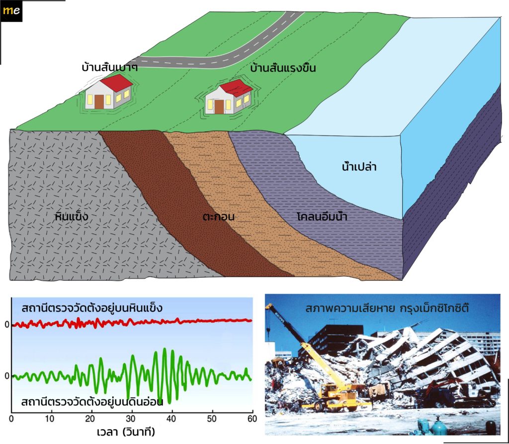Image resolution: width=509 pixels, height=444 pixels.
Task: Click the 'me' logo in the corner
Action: (11, 11)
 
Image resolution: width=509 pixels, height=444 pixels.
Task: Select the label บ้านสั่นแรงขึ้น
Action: (283, 68)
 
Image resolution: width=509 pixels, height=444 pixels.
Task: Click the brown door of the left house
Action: (99, 101)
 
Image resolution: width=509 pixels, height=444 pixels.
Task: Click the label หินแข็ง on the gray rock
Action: (72, 216)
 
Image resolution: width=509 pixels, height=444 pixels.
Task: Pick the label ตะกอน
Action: (219, 216)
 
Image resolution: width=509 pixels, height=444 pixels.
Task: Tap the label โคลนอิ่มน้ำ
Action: (322, 216)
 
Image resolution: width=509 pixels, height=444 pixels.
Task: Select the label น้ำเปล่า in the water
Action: (359, 167)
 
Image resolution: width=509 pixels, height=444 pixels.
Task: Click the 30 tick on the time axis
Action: (131, 418)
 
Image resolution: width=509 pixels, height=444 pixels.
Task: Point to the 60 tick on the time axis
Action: (252, 418)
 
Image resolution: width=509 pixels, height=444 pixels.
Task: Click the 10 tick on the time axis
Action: (50, 418)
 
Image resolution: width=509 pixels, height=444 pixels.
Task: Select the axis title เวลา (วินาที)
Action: (126, 432)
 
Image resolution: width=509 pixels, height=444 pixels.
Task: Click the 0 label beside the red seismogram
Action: (7, 324)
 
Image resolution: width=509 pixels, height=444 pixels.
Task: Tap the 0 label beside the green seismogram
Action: (7, 376)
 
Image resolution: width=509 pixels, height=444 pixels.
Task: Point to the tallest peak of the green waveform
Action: (165, 349)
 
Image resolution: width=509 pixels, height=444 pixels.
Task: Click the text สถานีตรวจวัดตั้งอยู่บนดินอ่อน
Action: (92, 402)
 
